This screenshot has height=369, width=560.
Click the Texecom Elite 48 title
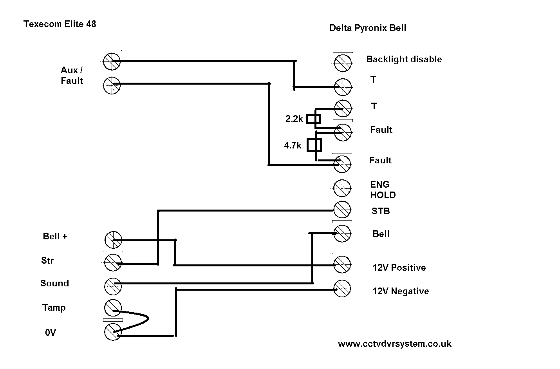point(60,24)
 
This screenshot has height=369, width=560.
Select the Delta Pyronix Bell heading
point(368,28)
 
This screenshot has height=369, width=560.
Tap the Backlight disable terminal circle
point(343,62)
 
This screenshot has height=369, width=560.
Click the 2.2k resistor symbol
point(314,118)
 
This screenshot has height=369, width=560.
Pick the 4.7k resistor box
point(314,145)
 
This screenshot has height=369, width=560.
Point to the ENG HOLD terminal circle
point(342,188)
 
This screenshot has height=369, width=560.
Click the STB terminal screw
point(342,210)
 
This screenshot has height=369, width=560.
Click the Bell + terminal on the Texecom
point(113,240)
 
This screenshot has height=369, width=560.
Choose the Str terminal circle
point(113,262)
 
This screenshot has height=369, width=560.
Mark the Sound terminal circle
point(113,286)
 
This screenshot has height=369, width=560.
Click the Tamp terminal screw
point(113,307)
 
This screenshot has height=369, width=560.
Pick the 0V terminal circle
point(113,333)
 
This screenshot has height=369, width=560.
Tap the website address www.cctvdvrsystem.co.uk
point(394,344)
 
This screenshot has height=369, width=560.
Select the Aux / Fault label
point(72,76)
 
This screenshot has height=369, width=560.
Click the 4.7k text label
point(293,146)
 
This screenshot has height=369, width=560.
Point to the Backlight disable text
point(404,60)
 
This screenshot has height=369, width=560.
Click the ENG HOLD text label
point(383,190)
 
